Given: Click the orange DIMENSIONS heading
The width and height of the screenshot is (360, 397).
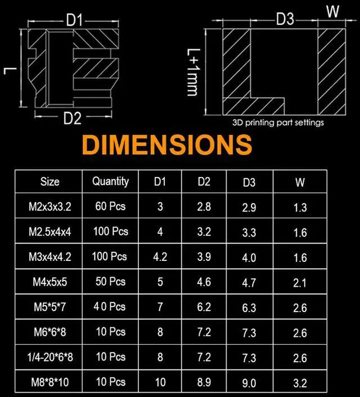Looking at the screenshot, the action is point(167,145).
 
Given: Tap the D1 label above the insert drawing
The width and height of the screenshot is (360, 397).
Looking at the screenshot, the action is point(74,20).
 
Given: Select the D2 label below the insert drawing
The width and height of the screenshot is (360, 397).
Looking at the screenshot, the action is point(73,118).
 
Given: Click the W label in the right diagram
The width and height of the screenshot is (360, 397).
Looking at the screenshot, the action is point(332,11).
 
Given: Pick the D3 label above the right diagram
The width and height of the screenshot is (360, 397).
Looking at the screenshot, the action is point(285,19).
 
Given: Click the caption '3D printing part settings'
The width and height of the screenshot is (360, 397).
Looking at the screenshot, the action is point(278,123).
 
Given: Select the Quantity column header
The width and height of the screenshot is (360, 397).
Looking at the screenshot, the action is point(110,182).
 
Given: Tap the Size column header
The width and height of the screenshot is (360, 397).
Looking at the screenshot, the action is point(50,182).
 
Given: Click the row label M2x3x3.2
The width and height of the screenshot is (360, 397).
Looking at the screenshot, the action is point(50,206).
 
